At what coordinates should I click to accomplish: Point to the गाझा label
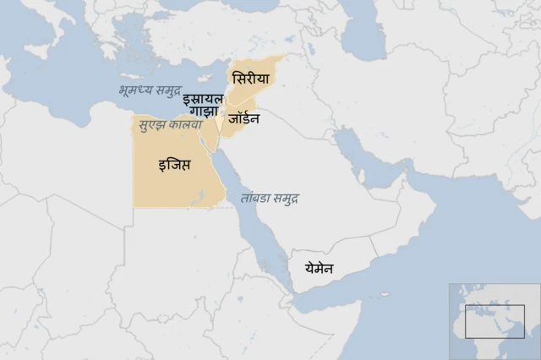tap(205, 112)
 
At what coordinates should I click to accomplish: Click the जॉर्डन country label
tap(243, 118)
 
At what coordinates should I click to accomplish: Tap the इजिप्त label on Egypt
tap(174, 164)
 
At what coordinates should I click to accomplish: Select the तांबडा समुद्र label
tap(269, 197)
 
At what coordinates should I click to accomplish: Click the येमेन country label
tap(313, 269)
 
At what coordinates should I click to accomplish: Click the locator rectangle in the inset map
tap(495, 320)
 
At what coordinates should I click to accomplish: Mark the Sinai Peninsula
tap(214, 139)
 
